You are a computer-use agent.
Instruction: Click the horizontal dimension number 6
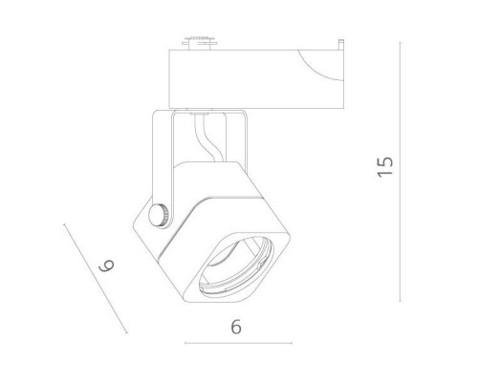point(235,326)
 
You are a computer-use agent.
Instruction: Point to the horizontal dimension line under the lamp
point(235,343)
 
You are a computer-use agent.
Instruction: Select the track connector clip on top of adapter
point(197,42)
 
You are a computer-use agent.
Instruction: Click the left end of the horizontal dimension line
point(185,343)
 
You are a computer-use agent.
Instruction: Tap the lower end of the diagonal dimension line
point(127,334)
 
